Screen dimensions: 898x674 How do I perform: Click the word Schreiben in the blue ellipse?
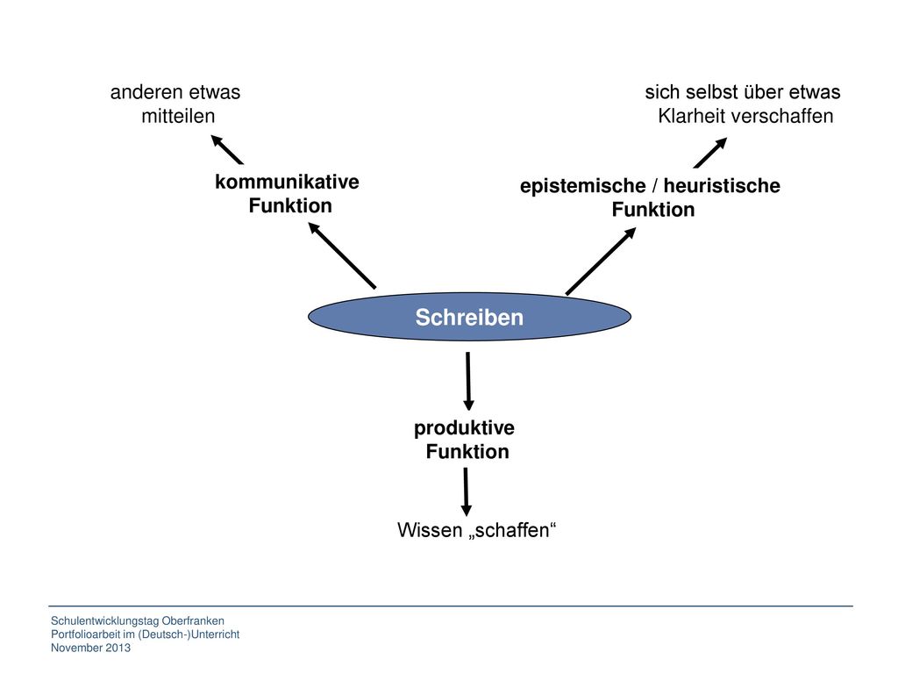[x=469, y=317]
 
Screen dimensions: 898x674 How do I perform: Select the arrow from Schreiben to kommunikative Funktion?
[x=342, y=255]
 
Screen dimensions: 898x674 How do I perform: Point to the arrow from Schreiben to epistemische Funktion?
[x=601, y=261]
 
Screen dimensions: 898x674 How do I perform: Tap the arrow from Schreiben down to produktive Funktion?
[x=468, y=381]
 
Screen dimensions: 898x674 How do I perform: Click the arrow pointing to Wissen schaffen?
[x=467, y=491]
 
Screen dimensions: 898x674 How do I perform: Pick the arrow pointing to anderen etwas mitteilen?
[x=227, y=149]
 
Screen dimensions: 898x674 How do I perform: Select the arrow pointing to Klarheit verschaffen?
[x=710, y=153]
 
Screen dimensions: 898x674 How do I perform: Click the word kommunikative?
[x=287, y=182]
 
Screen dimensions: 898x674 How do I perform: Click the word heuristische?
[x=722, y=186]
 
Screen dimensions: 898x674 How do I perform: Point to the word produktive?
[x=464, y=428]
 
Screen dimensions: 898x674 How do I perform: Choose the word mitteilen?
[x=178, y=116]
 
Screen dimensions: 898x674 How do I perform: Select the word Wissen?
[x=430, y=529]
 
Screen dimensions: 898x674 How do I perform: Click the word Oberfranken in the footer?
[x=193, y=620]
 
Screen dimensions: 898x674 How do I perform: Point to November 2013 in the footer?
[x=90, y=648]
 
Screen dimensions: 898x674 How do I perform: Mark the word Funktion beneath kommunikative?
[x=290, y=205]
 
